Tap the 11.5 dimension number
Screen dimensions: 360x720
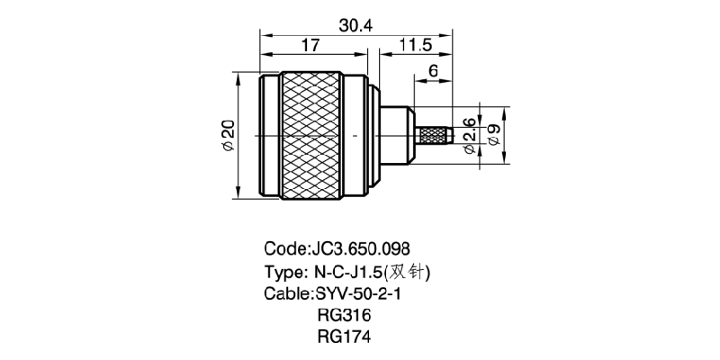tap(414, 45)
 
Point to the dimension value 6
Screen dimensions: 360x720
tap(433, 71)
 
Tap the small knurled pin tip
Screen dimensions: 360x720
tap(435, 135)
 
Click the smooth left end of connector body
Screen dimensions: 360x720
tap(266, 135)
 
